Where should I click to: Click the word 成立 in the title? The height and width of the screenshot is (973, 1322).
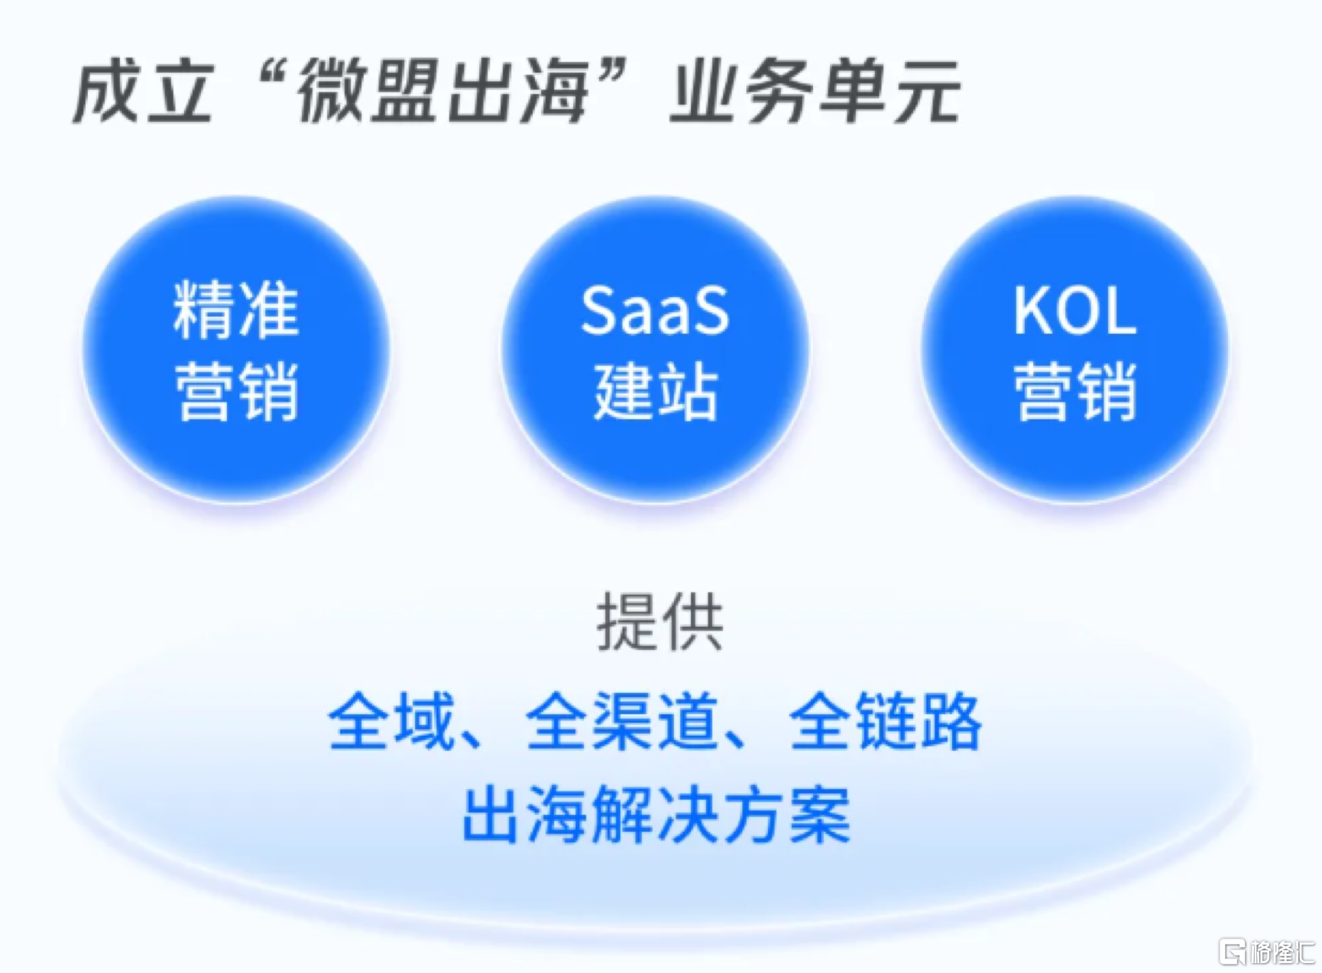pyautogui.click(x=143, y=92)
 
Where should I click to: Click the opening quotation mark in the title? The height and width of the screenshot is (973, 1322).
pyautogui.click(x=271, y=76)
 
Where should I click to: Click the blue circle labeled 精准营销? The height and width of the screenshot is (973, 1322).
pyautogui.click(x=236, y=351)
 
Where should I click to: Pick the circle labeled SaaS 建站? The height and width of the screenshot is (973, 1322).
pyautogui.click(x=655, y=351)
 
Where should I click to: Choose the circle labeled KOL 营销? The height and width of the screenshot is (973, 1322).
pyautogui.click(x=1074, y=351)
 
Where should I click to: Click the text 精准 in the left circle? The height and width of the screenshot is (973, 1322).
pyautogui.click(x=236, y=309)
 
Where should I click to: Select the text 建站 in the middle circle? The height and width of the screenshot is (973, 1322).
pyautogui.click(x=656, y=391)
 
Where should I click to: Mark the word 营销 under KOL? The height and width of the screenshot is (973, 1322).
pyautogui.click(x=1075, y=391)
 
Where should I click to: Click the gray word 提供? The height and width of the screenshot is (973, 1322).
pyautogui.click(x=659, y=622)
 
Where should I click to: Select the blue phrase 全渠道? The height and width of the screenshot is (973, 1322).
pyautogui.click(x=622, y=721)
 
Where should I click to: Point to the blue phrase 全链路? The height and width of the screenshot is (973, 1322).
pyautogui.click(x=885, y=721)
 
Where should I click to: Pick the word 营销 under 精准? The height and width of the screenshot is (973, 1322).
pyautogui.click(x=236, y=391)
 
